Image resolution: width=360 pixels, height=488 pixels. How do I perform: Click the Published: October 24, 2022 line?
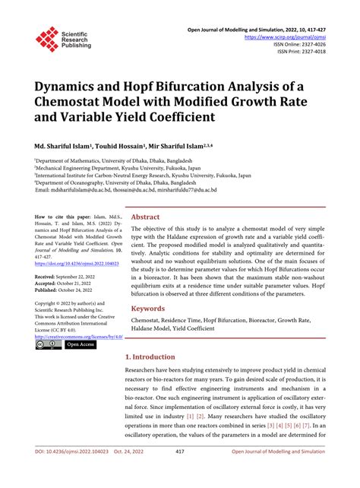click(x=68, y=290)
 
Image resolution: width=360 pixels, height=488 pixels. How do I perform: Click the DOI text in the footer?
click(x=68, y=473)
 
